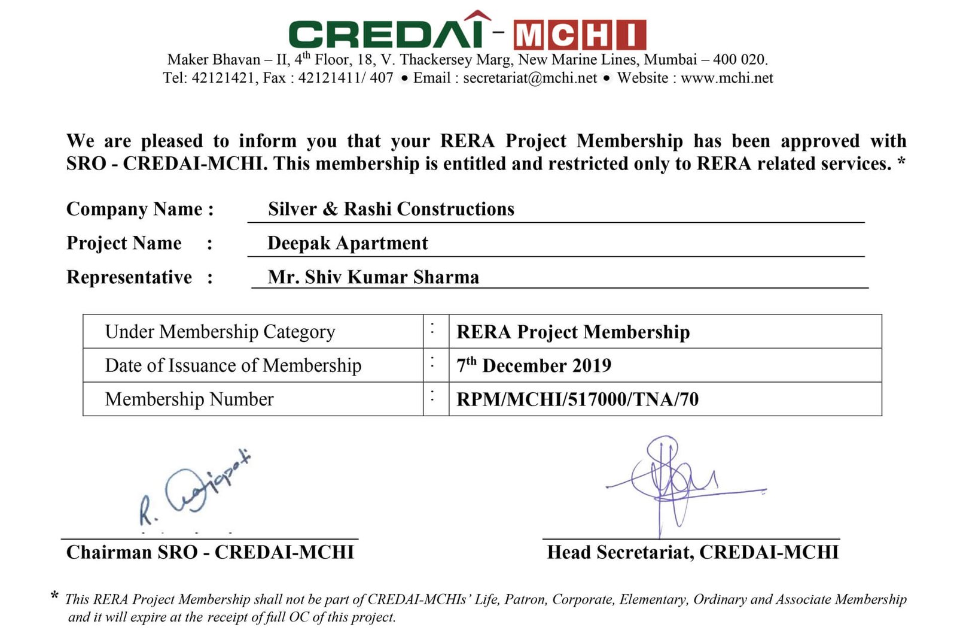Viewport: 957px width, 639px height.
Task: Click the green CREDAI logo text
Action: click(386, 34)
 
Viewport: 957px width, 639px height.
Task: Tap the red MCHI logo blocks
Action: click(580, 35)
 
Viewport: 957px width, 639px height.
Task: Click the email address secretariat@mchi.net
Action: click(530, 78)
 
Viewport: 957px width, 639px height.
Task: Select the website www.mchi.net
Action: click(727, 78)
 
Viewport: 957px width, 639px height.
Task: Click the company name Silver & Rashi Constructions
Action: click(391, 209)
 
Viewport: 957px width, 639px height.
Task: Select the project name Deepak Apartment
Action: click(348, 243)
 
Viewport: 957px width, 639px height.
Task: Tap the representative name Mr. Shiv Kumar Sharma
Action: click(373, 277)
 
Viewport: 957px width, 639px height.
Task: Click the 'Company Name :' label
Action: click(140, 209)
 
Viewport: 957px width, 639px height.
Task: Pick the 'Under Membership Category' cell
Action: click(220, 332)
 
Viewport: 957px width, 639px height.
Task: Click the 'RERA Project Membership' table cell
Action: click(573, 332)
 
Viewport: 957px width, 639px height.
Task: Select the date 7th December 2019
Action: click(534, 365)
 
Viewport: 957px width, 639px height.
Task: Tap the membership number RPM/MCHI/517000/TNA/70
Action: click(577, 399)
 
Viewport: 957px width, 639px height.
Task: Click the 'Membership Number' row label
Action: click(189, 399)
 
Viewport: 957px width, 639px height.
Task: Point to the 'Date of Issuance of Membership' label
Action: click(233, 365)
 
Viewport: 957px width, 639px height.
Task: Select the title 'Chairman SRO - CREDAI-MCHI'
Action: click(210, 552)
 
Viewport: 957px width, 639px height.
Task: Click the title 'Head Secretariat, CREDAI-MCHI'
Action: click(693, 552)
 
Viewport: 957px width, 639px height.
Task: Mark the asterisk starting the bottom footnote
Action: click(54, 596)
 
